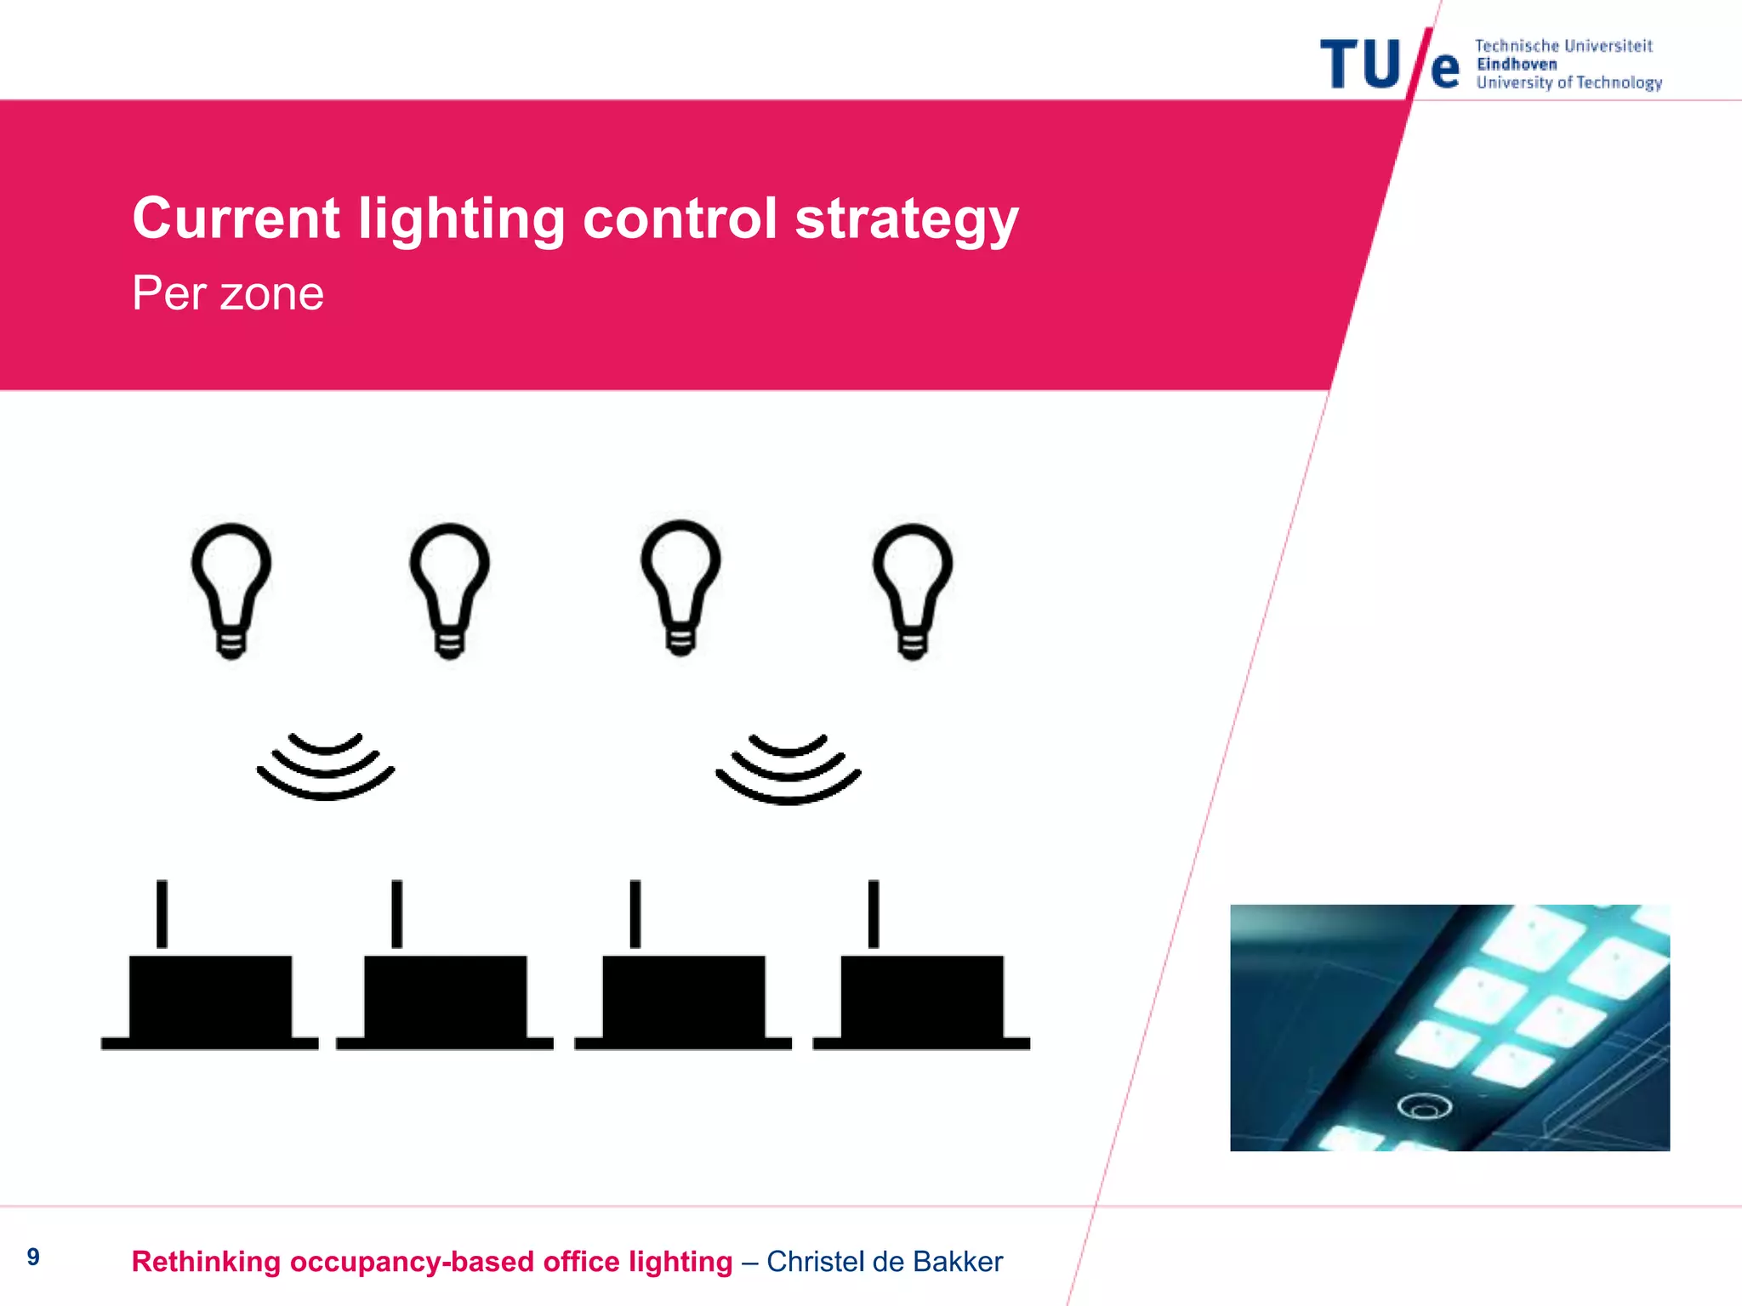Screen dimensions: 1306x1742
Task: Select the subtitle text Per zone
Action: (x=228, y=294)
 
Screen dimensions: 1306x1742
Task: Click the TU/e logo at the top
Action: (x=1389, y=65)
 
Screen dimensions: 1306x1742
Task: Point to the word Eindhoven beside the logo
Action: (x=1517, y=65)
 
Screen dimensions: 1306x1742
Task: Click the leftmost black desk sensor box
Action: (x=210, y=1002)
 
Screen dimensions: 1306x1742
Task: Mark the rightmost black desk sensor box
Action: (x=922, y=1002)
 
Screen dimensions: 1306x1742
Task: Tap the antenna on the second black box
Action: (x=397, y=914)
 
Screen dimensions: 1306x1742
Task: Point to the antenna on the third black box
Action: (x=635, y=914)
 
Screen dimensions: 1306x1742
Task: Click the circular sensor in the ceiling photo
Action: (x=1425, y=1106)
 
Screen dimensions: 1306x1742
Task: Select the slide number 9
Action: (x=33, y=1257)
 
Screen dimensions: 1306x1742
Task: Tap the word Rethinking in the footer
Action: (x=207, y=1262)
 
